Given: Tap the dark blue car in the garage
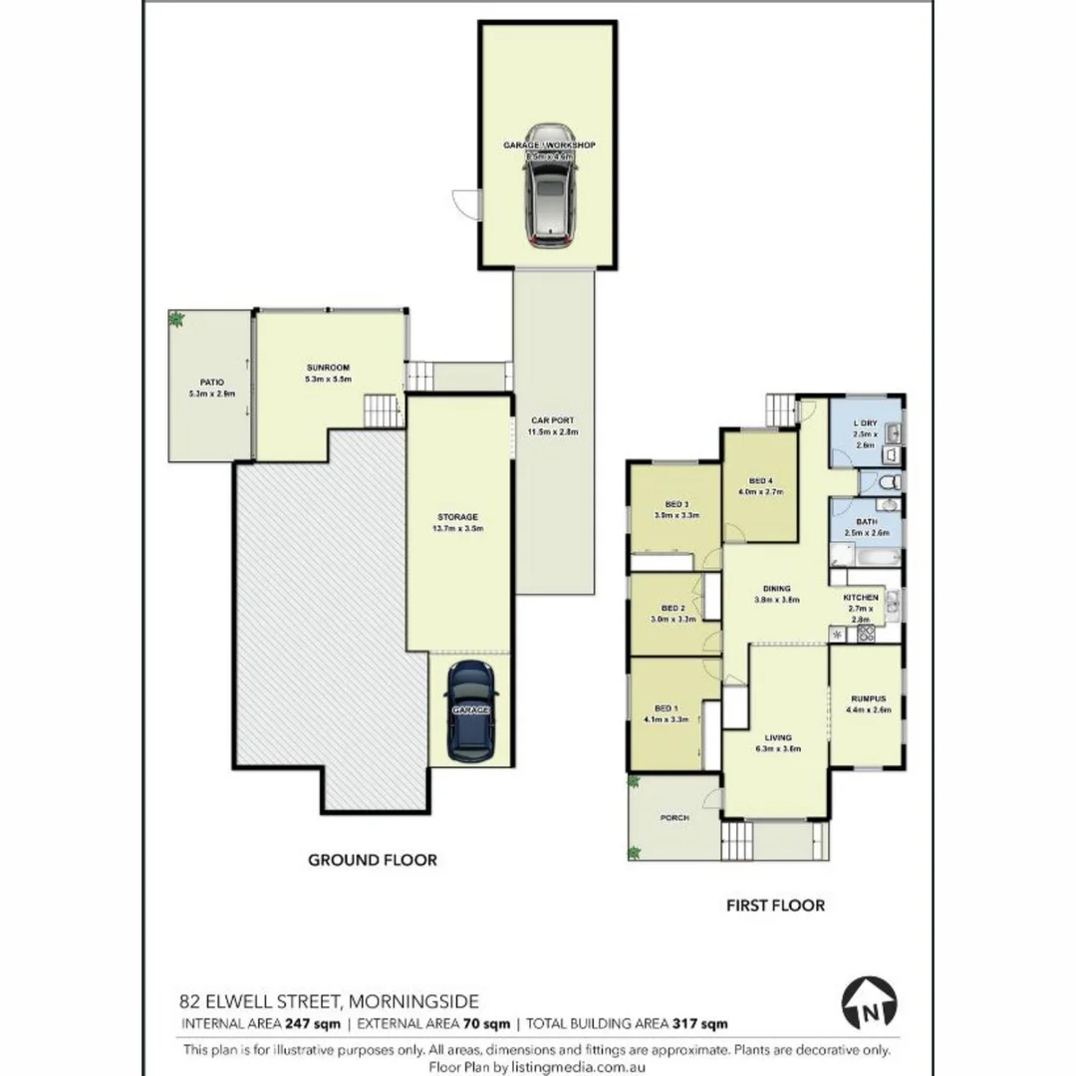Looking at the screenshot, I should click(470, 710).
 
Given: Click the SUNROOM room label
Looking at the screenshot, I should click(328, 368).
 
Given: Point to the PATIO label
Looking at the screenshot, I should click(211, 382).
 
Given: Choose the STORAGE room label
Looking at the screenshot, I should click(457, 517).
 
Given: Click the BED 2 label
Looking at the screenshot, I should click(672, 608).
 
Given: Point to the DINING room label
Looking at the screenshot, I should click(777, 589).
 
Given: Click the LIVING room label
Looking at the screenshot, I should click(777, 737).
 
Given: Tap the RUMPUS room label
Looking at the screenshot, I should click(865, 698).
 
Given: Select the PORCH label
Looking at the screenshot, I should click(674, 818).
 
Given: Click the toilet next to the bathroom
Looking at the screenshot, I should click(892, 482).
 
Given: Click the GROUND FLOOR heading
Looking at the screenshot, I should click(372, 860).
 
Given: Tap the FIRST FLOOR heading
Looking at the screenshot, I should click(773, 906).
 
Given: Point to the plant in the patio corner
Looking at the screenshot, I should click(176, 319).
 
